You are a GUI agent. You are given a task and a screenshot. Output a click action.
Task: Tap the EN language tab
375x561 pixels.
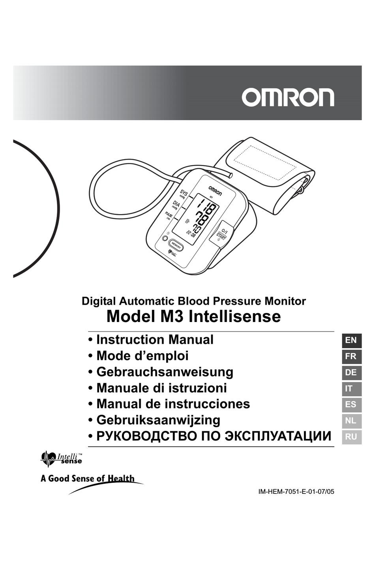point(351,341)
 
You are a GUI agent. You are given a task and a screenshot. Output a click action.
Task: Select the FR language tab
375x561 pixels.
point(351,356)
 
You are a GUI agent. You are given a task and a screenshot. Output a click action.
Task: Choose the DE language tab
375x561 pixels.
point(351,373)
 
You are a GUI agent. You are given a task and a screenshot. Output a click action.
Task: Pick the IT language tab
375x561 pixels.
point(351,389)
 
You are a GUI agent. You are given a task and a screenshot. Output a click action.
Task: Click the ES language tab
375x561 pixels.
point(351,405)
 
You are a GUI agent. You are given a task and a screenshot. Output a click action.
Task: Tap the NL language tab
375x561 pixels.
point(351,421)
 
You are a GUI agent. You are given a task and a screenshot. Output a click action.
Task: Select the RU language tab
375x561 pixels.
point(351,437)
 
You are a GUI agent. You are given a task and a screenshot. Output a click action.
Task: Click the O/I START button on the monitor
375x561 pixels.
point(221,235)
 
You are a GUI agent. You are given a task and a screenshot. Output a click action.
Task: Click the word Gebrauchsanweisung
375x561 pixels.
point(165,372)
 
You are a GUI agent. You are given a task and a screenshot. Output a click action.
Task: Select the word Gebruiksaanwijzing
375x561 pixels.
point(158,420)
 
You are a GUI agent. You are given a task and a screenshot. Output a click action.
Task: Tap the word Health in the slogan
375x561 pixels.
point(121,478)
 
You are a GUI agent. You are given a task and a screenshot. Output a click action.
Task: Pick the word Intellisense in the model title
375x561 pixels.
point(234,316)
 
